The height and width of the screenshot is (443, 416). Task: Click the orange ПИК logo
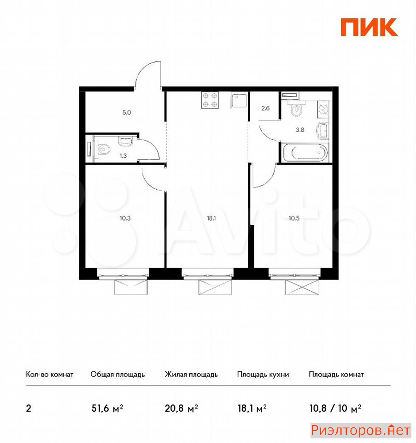tap(369, 27)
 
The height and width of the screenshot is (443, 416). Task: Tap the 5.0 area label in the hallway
tap(127, 113)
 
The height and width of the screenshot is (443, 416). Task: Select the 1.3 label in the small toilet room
tap(123, 156)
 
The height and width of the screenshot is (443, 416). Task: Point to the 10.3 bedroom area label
tap(125, 218)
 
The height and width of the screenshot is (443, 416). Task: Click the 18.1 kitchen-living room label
tap(211, 218)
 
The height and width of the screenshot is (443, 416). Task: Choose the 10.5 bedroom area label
tap(294, 218)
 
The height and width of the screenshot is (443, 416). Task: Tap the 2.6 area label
tap(265, 108)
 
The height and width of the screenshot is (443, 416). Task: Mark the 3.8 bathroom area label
tap(300, 130)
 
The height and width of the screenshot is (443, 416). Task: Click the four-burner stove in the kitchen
tap(210, 100)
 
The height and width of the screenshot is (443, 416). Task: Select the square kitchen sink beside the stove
tap(239, 100)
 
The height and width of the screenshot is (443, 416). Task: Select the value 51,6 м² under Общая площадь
tap(107, 408)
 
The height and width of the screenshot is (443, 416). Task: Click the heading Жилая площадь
tap(191, 374)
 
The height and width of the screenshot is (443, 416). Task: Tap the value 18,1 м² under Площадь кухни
tap(252, 408)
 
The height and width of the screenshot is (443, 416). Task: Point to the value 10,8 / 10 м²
tap(335, 408)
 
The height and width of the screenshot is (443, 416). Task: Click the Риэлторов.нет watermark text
tap(361, 430)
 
